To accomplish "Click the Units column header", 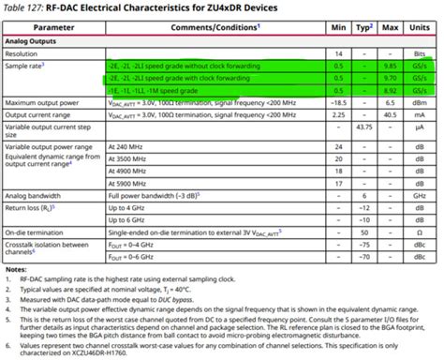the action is pyautogui.click(x=419, y=29).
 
